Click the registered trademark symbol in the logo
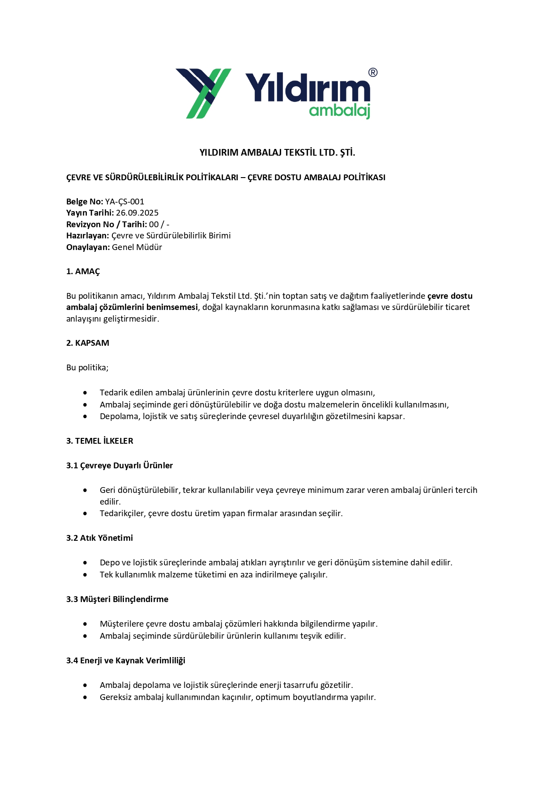pos(372,72)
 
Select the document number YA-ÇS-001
pos(124,202)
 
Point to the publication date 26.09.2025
pos(137,213)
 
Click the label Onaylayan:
pos(88,247)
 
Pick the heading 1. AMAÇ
pos(83,272)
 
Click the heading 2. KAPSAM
pos(88,343)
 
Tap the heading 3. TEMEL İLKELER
pos(100,441)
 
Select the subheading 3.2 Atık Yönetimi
pos(100,538)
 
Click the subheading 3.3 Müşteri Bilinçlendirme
pos(117,599)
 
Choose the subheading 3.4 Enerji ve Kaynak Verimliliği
pos(126,661)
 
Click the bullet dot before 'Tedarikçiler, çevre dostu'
pos(85,513)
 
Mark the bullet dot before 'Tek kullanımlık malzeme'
pos(85,575)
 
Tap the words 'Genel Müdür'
pos(137,247)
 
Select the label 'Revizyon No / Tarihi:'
pos(107,225)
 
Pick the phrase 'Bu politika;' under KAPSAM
pos(87,368)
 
